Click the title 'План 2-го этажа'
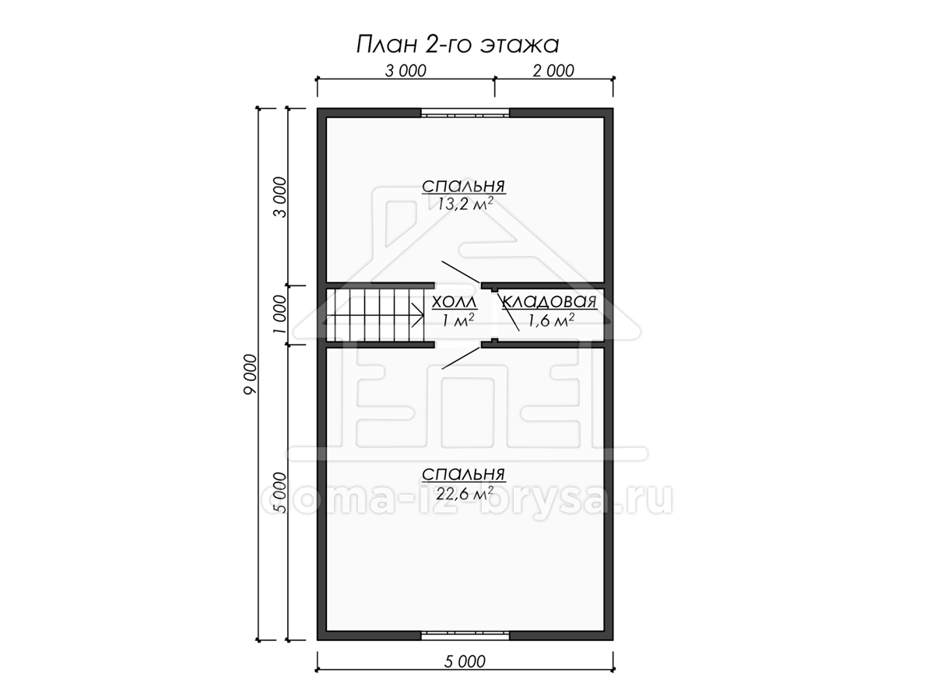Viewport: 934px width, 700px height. coord(458,45)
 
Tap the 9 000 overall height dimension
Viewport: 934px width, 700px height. coord(251,374)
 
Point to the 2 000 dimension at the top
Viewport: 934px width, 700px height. coord(553,71)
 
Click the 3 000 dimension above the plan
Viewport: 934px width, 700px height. coord(406,71)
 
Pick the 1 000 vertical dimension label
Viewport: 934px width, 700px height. coord(280,314)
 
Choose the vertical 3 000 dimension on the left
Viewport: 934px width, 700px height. coord(280,198)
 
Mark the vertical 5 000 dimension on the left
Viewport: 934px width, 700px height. coord(280,492)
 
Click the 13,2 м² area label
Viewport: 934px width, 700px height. coord(465,204)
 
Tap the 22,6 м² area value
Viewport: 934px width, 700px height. coord(465,493)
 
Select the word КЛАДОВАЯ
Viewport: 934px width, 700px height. coord(550,302)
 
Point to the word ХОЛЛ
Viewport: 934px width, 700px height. coord(455,303)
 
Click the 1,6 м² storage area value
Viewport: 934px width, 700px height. coord(551,320)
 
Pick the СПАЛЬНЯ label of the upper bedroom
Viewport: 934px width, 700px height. coord(464,186)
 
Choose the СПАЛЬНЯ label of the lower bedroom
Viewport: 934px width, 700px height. coord(464,474)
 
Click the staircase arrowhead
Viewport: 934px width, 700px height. coord(418,315)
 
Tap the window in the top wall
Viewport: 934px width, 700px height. coord(465,113)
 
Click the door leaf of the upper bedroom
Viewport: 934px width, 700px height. coord(462,271)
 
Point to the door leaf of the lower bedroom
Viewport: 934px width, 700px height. coord(462,358)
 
